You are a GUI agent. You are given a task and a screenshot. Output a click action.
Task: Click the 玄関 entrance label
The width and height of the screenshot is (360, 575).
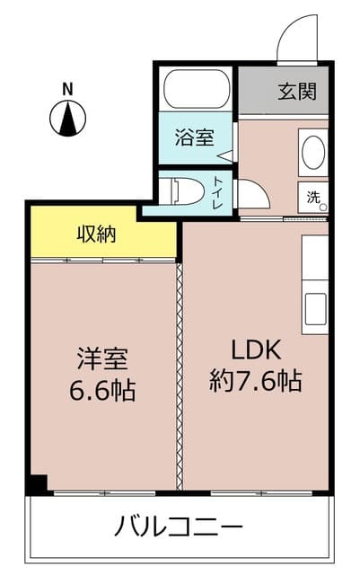click(x=297, y=91)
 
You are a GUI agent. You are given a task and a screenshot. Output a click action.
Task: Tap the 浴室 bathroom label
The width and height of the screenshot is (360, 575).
click(x=194, y=137)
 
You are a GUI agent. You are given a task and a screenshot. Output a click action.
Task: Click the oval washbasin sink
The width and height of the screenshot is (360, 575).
click(x=313, y=153)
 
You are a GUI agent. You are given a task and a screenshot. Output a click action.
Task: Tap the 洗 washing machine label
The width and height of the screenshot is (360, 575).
click(x=312, y=198)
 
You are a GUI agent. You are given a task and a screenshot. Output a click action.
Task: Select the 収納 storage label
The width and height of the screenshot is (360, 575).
click(x=96, y=234)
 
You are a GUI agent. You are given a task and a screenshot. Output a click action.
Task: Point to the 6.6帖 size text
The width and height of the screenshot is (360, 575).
click(x=102, y=390)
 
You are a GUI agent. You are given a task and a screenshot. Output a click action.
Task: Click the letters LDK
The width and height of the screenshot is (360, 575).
click(x=256, y=350)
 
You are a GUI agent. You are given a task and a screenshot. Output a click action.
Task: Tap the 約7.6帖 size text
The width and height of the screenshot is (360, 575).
click(x=256, y=381)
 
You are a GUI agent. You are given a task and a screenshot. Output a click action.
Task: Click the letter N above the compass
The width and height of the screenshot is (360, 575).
click(x=67, y=90)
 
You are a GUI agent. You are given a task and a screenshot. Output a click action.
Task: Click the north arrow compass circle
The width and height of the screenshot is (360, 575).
click(x=68, y=119)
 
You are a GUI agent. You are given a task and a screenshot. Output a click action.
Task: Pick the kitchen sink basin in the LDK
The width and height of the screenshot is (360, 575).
click(x=315, y=309)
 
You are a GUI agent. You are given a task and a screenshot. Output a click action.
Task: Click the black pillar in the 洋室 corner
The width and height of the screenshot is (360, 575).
click(x=39, y=484)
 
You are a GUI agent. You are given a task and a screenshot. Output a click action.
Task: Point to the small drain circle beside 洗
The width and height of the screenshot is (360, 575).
click(x=323, y=208)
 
